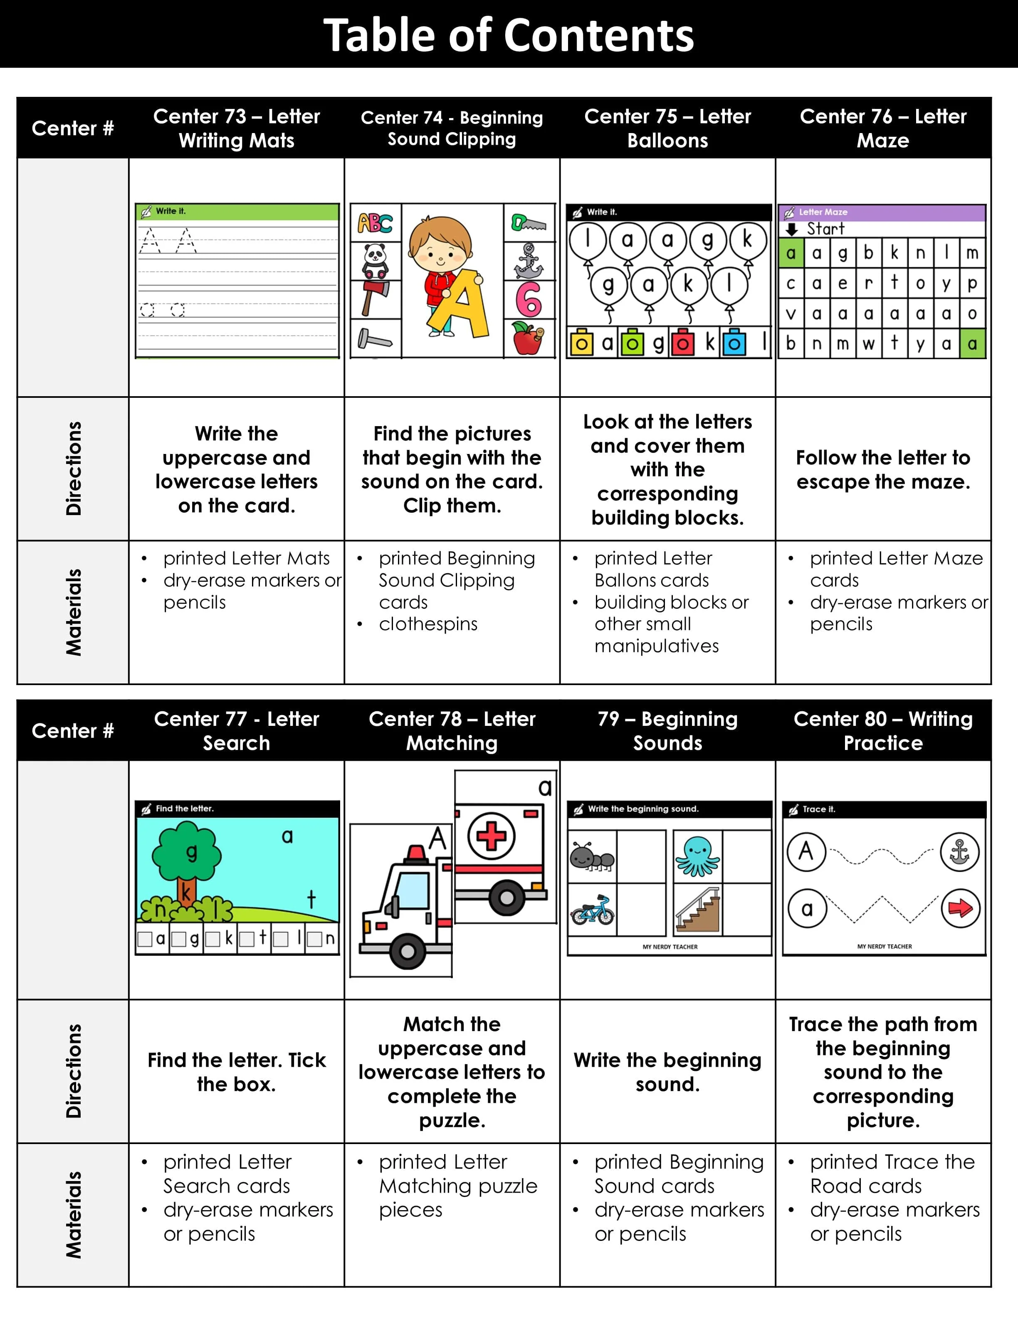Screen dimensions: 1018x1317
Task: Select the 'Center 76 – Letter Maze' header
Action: click(x=883, y=128)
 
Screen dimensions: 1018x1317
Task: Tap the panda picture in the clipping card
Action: click(x=375, y=261)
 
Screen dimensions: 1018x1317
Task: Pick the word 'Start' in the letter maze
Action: click(x=825, y=229)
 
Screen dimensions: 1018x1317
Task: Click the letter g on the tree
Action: click(x=191, y=852)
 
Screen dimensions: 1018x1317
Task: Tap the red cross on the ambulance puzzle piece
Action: click(x=492, y=836)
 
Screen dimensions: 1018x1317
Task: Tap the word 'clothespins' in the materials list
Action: click(x=428, y=624)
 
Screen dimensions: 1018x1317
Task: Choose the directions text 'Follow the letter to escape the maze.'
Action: click(x=883, y=470)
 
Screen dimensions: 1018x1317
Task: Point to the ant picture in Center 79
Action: click(x=592, y=857)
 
